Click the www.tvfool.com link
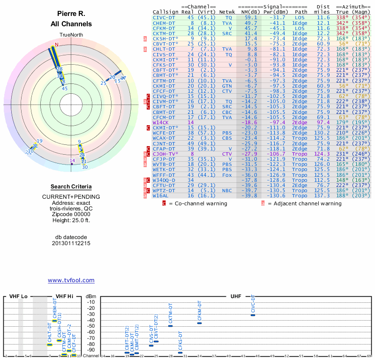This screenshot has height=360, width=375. pos(71,280)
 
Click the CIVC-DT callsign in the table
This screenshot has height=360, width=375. pos(164,17)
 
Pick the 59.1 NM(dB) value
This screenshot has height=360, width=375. pos(248,17)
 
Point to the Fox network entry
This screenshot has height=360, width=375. pos(227,174)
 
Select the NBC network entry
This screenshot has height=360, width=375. pos(227,190)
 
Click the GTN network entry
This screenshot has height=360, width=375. pos(227,86)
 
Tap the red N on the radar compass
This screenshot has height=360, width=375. pos(57,45)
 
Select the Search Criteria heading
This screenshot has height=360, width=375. pos(71,187)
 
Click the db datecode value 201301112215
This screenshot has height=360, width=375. pos(71,243)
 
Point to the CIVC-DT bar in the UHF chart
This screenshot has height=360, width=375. pos(253,315)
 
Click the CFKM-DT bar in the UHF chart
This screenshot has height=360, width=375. pos(199,323)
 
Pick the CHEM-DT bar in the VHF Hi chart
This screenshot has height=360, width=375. pos(54,321)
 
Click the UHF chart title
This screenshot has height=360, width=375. pos(236,296)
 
